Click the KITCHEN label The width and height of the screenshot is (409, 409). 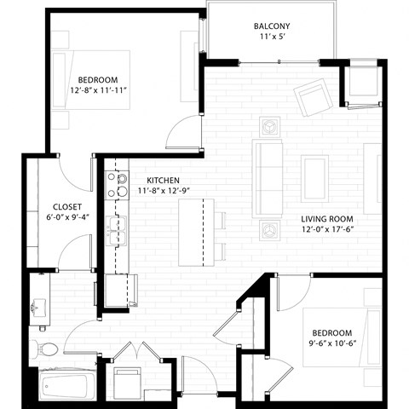tap(163, 180)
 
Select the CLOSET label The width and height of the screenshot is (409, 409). tap(66, 207)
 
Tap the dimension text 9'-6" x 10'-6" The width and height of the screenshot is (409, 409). tap(331, 344)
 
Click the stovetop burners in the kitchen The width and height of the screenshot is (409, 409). tap(112, 186)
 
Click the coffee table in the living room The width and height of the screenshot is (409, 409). tap(314, 177)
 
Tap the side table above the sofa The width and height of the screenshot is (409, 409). tap(270, 125)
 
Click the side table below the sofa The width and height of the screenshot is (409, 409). tap(270, 228)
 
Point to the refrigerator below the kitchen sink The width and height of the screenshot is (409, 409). tap(122, 291)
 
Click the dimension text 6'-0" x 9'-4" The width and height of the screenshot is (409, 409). tap(66, 219)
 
